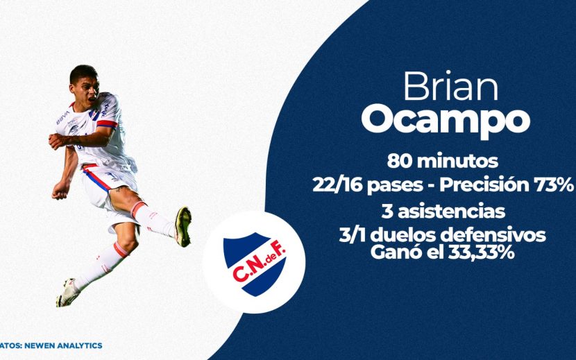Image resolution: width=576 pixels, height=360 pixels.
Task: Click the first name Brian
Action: coord(450,86)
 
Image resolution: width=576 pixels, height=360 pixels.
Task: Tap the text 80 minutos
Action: coord(442,161)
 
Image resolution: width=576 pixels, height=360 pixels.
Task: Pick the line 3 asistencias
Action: coord(443,212)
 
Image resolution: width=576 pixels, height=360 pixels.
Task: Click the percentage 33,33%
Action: coord(480,252)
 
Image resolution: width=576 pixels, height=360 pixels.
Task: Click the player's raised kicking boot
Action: coord(183,226)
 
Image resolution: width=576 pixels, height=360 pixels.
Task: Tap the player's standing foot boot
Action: coord(67,293)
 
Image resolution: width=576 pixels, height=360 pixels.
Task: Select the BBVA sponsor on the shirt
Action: coord(63,117)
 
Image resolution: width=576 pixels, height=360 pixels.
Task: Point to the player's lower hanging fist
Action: coord(60,190)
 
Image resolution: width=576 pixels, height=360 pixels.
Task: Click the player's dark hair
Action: coord(83,73)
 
